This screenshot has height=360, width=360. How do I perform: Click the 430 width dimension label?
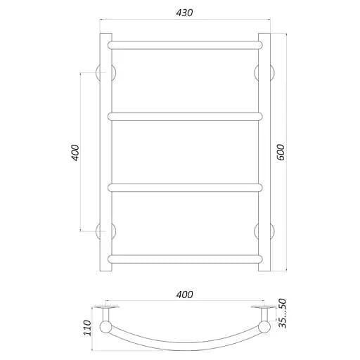coord(185,13)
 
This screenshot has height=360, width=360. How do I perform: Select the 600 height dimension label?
coord(281,153)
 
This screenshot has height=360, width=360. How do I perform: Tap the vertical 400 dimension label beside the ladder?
coord(75,153)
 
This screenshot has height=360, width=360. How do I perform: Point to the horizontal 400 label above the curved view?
coord(185,295)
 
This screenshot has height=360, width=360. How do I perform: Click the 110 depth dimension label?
coord(87,328)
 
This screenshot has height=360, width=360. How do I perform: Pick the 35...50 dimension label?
coord(283,314)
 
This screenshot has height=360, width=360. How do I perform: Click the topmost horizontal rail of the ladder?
coord(185,45)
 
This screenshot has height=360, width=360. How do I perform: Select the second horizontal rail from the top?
coord(185,117)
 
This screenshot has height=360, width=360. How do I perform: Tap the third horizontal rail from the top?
coord(185,188)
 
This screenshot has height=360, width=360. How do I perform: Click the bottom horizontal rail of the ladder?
coord(185,259)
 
